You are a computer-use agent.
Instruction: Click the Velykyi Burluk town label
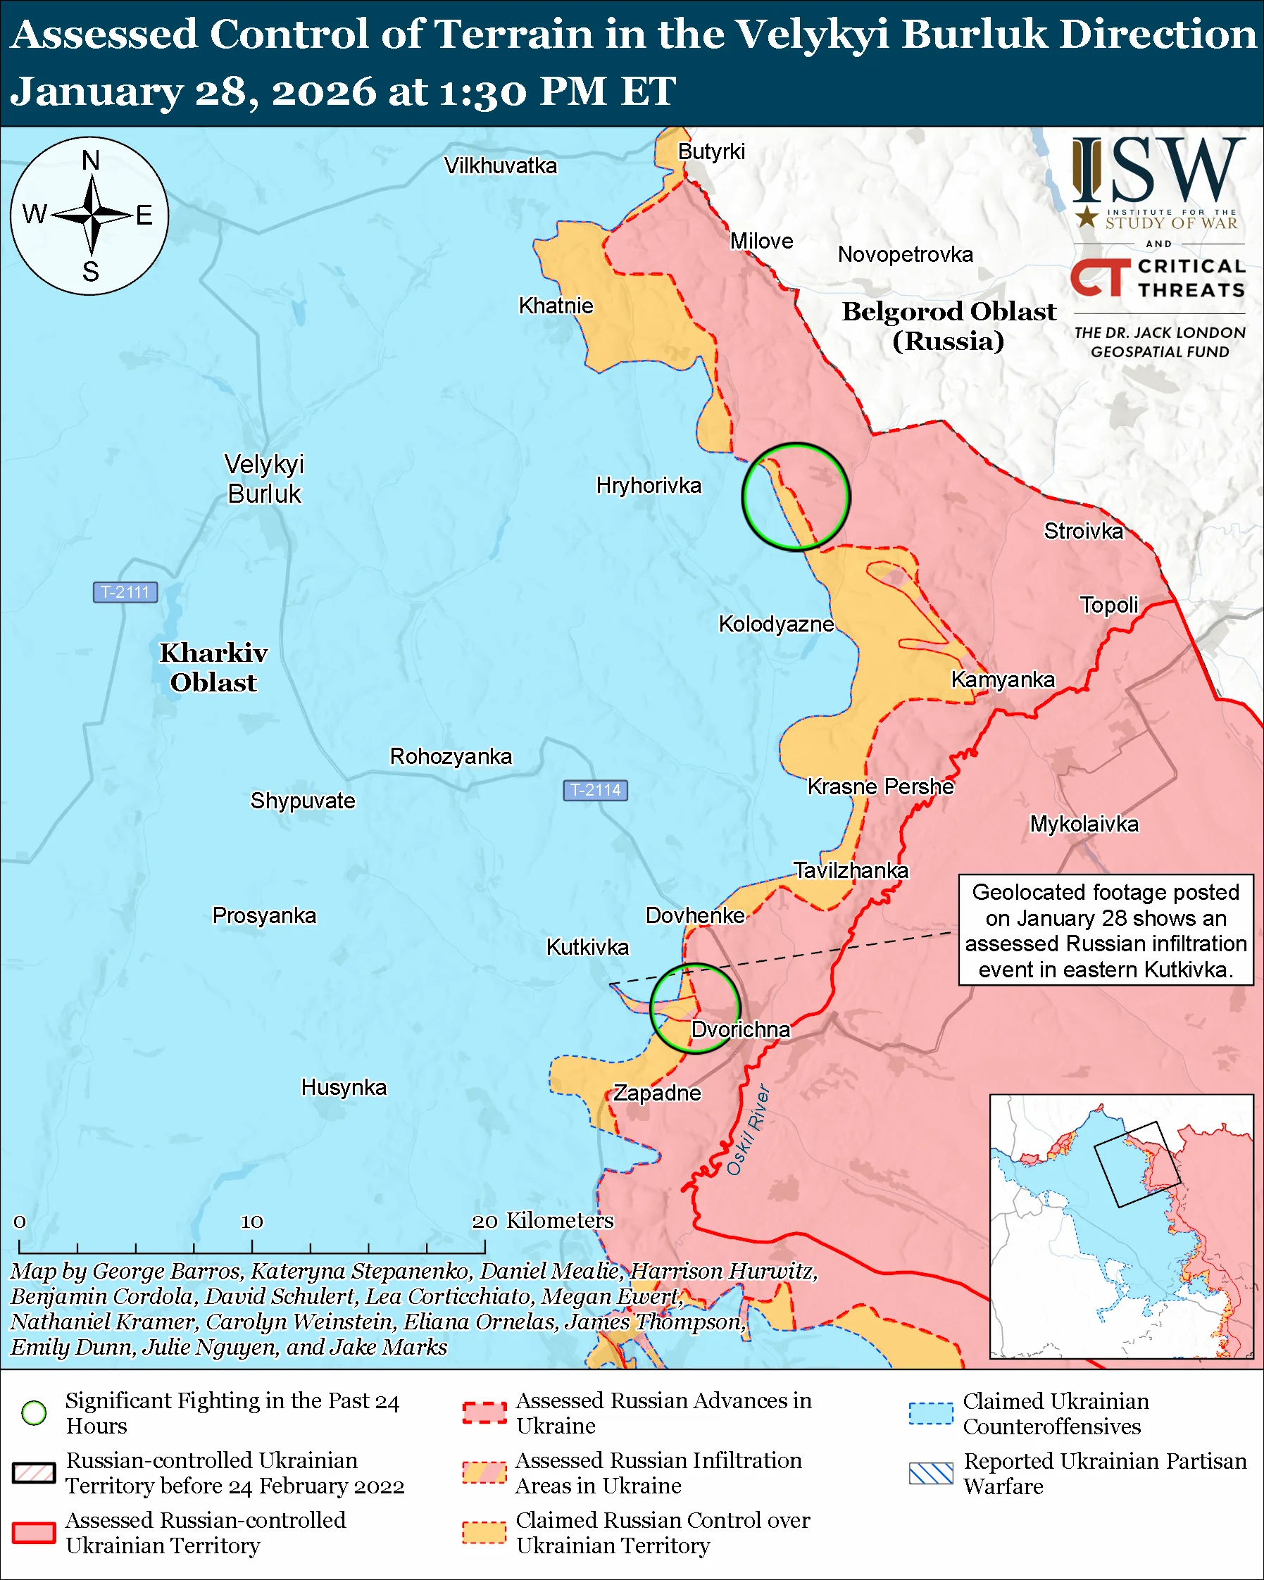tap(264, 479)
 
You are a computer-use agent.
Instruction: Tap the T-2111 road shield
tap(125, 592)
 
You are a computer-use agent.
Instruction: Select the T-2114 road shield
tap(595, 790)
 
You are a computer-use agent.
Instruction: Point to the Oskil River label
tap(748, 1129)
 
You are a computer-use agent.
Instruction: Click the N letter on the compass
tap(91, 161)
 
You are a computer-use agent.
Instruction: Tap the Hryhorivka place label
tap(649, 485)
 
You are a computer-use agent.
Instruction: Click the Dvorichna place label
tap(740, 1029)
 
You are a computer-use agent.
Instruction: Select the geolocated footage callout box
tap(1106, 931)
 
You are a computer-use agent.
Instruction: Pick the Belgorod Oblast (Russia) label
tap(949, 326)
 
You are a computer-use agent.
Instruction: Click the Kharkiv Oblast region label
tap(213, 667)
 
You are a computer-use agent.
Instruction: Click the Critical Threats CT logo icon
tap(1100, 277)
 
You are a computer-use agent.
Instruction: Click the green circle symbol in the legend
tap(35, 1412)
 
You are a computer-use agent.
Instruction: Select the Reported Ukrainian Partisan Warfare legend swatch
tap(931, 1473)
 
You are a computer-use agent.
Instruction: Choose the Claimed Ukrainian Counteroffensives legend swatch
tap(931, 1413)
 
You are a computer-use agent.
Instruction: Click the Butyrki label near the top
tap(711, 151)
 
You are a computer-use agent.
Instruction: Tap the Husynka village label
tap(344, 1087)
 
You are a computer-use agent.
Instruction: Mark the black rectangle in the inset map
tap(1137, 1165)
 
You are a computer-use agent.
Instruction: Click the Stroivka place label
tap(1083, 531)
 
